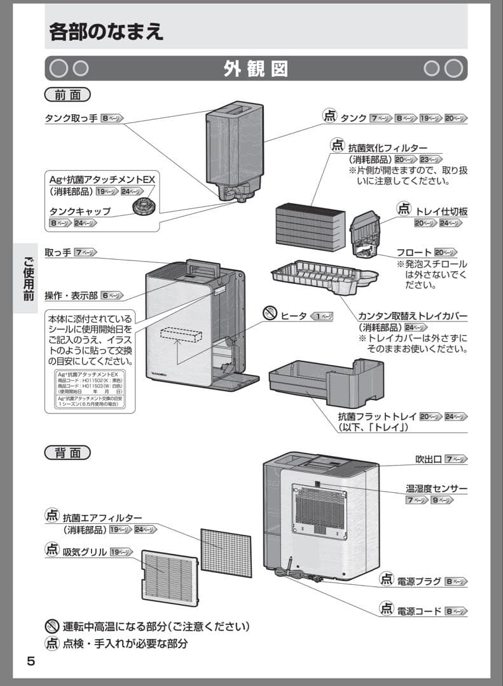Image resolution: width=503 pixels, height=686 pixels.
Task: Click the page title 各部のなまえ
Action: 106,32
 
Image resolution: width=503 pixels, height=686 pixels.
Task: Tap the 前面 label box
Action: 67,95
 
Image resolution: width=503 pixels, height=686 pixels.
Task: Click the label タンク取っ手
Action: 71,118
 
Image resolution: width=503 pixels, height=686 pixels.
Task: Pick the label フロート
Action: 414,252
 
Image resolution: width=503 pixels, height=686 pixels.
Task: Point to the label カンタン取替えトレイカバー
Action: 413,316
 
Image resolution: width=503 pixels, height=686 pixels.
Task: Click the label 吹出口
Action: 429,459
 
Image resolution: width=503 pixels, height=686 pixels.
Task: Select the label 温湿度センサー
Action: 436,488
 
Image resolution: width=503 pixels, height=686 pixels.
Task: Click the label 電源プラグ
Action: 420,581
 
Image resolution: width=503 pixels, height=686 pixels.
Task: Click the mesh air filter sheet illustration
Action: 226,551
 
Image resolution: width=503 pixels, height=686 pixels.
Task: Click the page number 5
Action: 31,661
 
